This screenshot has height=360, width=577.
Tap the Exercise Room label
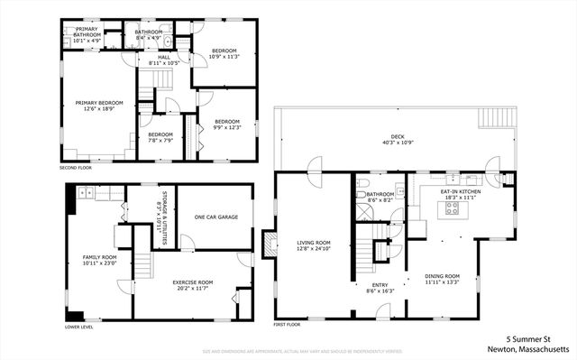192,284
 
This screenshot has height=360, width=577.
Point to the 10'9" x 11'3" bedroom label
224,52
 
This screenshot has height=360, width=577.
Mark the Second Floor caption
77,168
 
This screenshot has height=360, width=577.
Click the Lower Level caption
78,328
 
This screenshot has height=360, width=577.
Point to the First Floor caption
286,324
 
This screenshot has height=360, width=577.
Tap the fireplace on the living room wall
267,245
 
